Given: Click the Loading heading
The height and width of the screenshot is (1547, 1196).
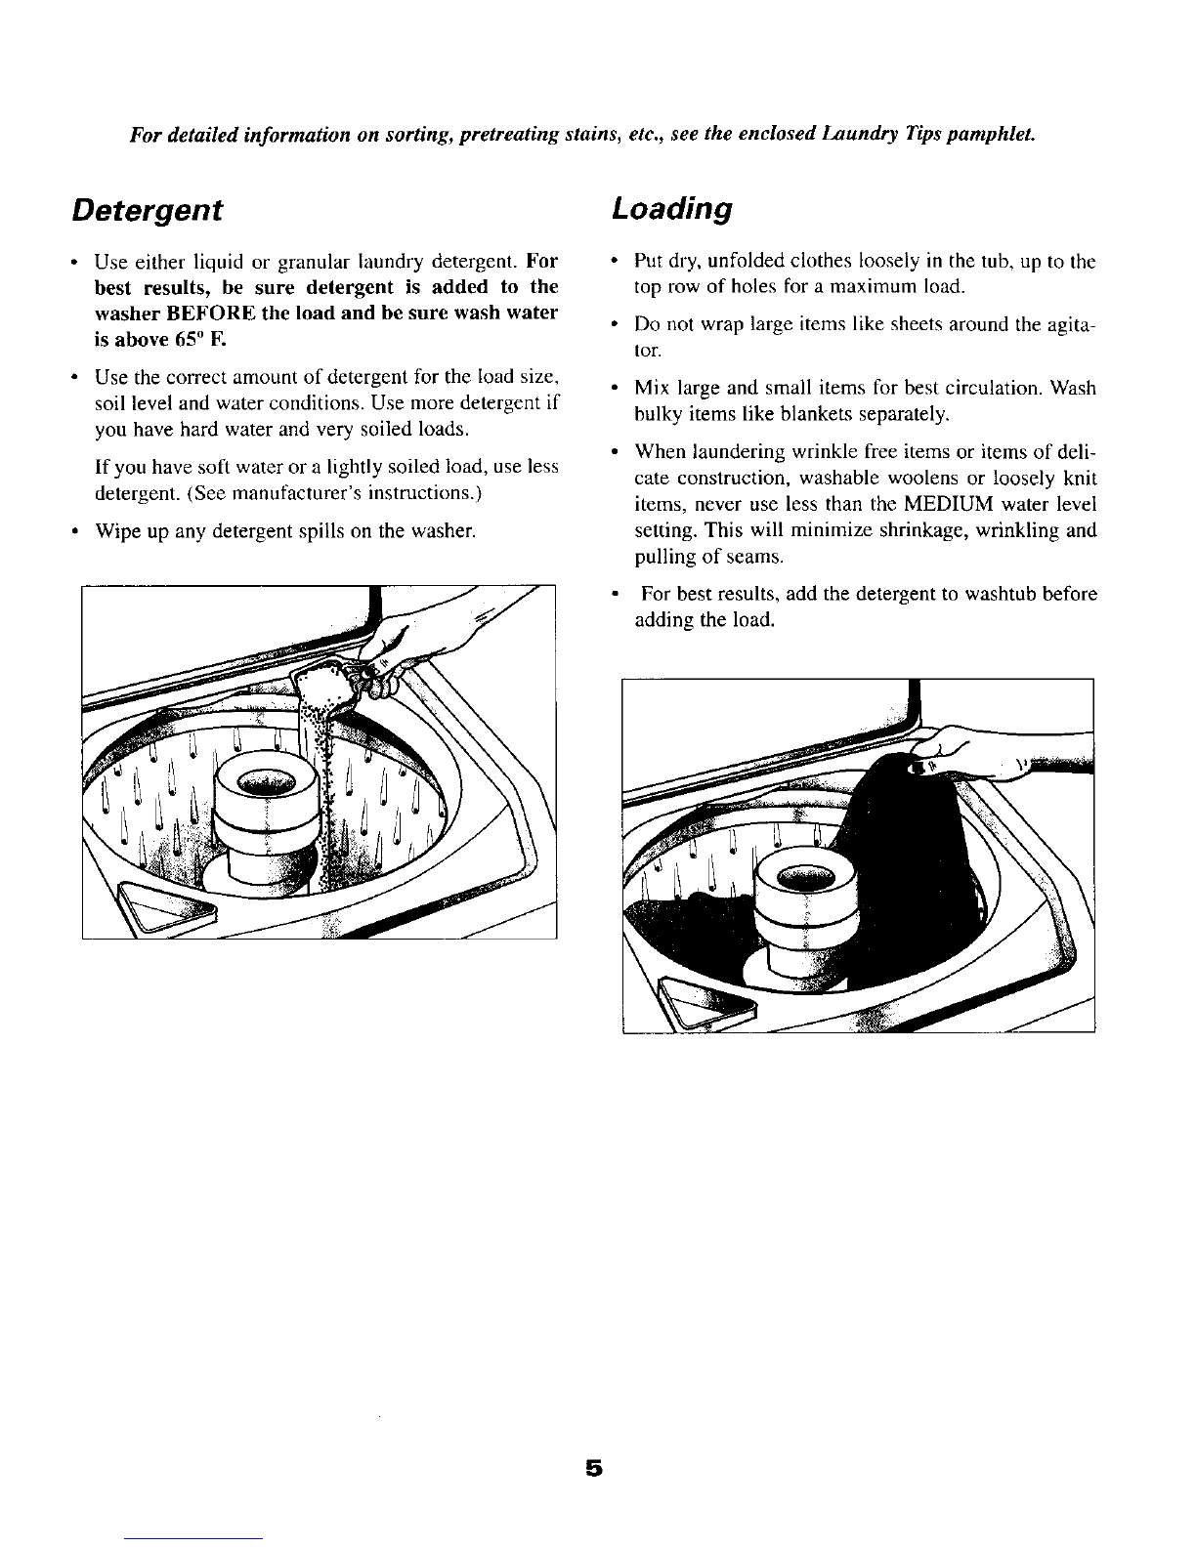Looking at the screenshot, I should click(671, 210).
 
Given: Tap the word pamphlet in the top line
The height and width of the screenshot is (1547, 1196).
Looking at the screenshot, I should click(983, 132).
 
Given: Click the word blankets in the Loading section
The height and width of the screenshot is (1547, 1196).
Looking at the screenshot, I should click(810, 415).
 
